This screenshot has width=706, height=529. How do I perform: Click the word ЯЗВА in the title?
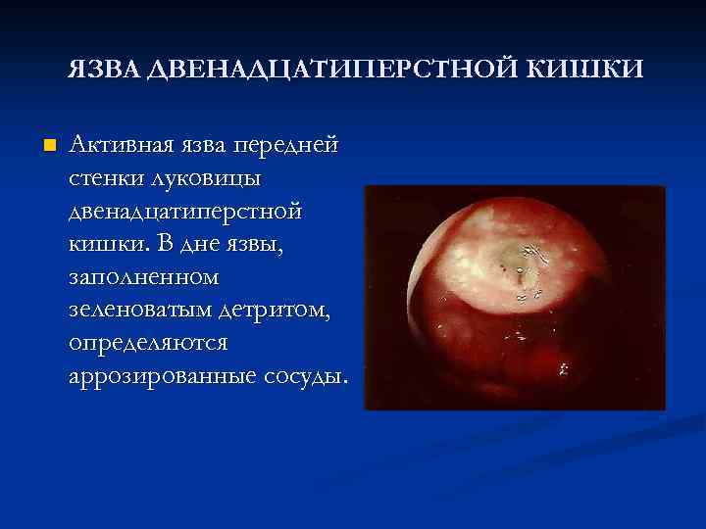point(104,70)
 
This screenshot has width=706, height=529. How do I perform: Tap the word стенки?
point(108,179)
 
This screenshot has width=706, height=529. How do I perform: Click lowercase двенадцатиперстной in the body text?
point(185,213)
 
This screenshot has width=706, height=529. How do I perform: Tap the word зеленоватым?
point(136,312)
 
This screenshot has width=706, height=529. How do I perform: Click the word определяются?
point(147,345)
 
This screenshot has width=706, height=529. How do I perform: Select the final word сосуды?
point(302,377)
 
